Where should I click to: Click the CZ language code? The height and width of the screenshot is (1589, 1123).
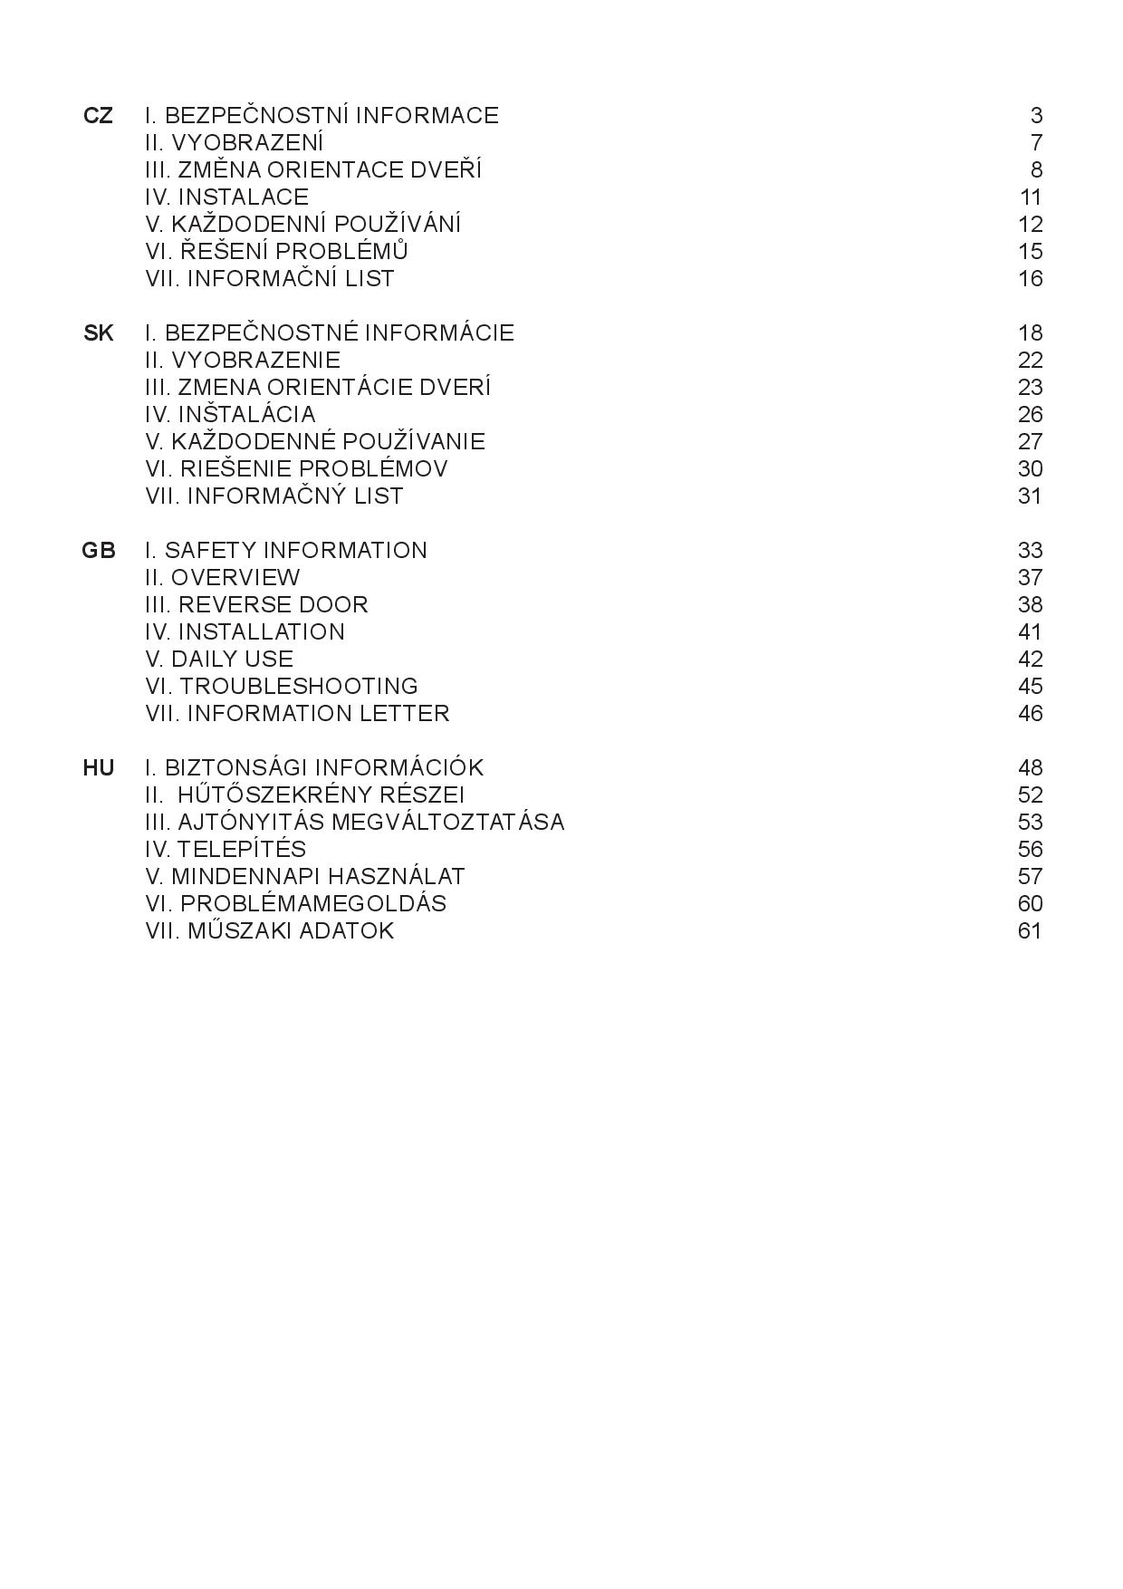tap(98, 116)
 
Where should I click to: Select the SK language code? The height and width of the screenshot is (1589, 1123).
tap(98, 333)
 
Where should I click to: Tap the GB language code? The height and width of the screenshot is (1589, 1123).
tap(98, 551)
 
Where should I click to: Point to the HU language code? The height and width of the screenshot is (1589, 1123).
tap(98, 768)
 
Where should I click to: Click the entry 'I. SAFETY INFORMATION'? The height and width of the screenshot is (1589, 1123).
tap(286, 551)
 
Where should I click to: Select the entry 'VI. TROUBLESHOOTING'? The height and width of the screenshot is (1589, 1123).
tap(282, 687)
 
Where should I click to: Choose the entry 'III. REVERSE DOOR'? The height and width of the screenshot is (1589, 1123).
tap(256, 605)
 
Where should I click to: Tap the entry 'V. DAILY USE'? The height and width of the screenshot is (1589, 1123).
tap(219, 660)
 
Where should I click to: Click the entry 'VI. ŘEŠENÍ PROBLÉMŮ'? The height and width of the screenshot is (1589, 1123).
tap(277, 252)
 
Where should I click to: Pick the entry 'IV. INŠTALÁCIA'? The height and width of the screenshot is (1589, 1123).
tap(230, 415)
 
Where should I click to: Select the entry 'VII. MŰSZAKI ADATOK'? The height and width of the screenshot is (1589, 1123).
tap(270, 931)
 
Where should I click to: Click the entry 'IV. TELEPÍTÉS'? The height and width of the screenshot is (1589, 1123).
tap(226, 850)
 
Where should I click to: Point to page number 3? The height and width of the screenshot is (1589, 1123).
tap(1036, 116)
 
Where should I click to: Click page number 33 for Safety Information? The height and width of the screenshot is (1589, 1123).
tap(1030, 551)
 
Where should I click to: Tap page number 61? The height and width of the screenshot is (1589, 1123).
tap(1030, 931)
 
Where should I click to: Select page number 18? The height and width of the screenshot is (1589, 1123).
tap(1030, 333)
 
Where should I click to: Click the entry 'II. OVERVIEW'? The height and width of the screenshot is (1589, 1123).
tap(223, 578)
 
